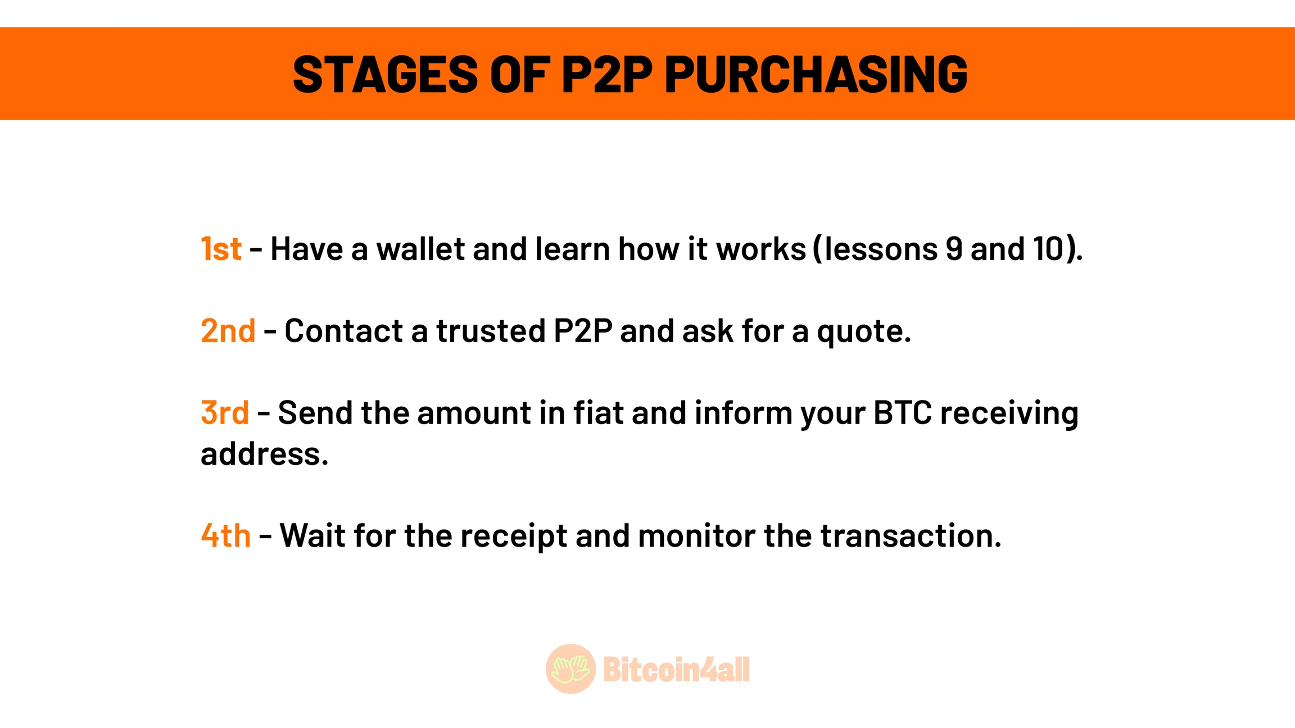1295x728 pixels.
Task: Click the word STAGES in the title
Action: point(386,74)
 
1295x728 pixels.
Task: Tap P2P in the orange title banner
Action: point(607,74)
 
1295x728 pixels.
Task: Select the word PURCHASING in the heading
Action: point(816,74)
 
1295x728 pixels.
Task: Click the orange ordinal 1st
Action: point(221,249)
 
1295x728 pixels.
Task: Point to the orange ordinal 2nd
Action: point(228,331)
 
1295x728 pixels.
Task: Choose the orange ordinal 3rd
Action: point(225,413)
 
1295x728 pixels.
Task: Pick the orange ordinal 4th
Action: point(226,535)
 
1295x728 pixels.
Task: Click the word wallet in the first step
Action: point(420,249)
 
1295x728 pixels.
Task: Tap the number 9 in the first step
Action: point(954,249)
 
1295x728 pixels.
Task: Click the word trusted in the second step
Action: point(491,331)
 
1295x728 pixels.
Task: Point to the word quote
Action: point(864,333)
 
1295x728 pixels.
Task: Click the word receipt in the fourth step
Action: point(514,536)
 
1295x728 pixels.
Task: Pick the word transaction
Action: point(911,535)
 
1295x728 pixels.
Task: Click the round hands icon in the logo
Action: point(570,668)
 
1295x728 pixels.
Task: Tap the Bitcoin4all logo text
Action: point(676,669)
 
